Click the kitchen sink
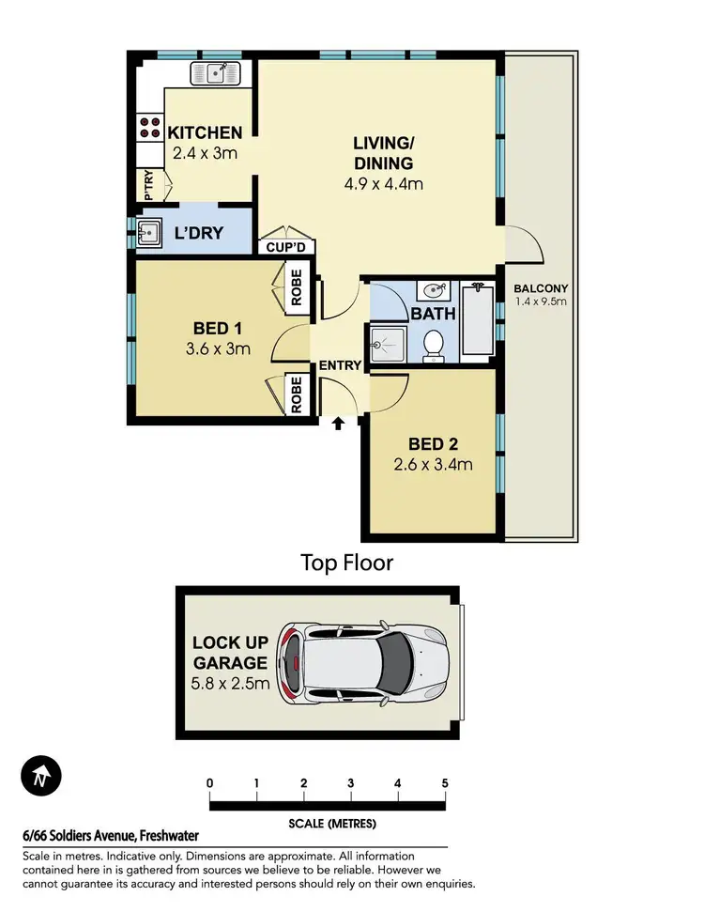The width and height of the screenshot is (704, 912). (x=217, y=72)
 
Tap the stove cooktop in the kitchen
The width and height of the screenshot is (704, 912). (x=149, y=127)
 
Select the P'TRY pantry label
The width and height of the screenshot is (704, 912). (x=148, y=184)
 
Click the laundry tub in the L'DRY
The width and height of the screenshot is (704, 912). (x=148, y=232)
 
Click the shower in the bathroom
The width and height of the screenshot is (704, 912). (x=388, y=343)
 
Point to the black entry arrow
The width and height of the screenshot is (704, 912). (x=339, y=425)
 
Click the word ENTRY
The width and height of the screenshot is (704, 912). (x=340, y=365)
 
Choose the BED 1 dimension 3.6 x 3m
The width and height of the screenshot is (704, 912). (x=218, y=349)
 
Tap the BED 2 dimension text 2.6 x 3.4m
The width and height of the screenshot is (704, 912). (x=433, y=464)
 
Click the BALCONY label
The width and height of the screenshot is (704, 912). (x=540, y=288)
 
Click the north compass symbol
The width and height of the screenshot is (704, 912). (x=39, y=778)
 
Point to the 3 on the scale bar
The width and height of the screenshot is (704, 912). (x=350, y=783)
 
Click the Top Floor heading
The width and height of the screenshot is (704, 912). (x=346, y=563)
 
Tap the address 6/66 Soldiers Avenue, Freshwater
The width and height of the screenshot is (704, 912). (x=111, y=836)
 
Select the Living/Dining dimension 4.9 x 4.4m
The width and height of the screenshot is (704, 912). (x=383, y=184)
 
